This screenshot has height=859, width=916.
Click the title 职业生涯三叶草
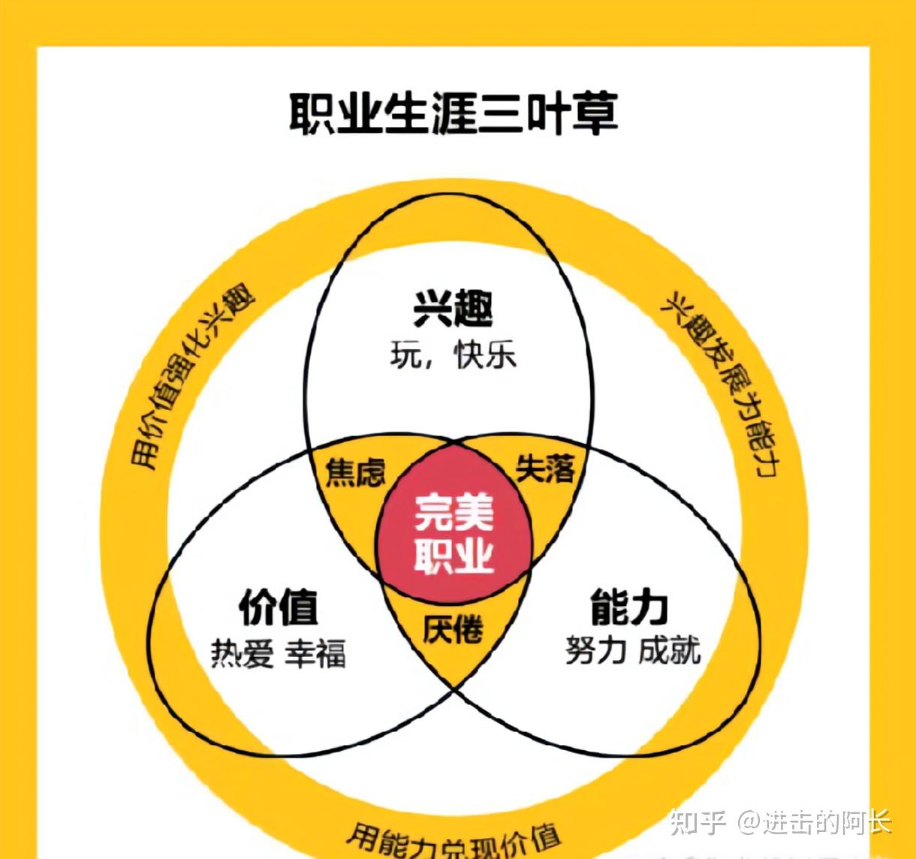pos(453,114)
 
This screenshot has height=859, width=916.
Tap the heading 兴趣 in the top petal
pos(453,307)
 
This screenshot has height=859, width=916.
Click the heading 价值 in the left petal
pos(279,607)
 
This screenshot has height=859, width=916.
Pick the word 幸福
pos(315,653)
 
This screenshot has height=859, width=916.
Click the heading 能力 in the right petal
pos(629,607)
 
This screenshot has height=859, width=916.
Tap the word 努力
pos(595,650)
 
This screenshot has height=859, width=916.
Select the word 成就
pos(669,650)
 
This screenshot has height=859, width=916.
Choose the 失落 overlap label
pos(545,469)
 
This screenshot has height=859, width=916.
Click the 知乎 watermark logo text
pos(698,821)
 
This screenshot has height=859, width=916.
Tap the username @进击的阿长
pos(814,821)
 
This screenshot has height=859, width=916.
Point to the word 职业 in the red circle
pos(453,556)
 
